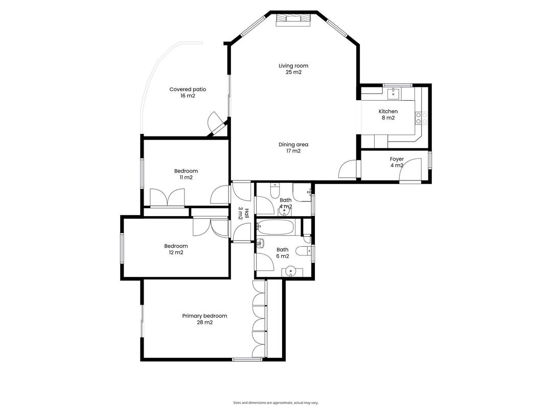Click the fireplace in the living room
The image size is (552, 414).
(293, 19)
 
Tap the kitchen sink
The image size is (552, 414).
(394, 93)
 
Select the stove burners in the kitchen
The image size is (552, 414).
(422, 119)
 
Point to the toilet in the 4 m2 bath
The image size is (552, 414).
(275, 191)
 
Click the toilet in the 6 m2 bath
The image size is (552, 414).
(302, 250)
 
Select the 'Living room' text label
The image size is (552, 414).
(293, 65)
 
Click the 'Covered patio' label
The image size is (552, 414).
(188, 89)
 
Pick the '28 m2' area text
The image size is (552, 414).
(204, 323)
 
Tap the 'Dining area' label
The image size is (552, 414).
(293, 145)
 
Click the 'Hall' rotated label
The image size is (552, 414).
(246, 214)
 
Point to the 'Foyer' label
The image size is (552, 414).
(397, 159)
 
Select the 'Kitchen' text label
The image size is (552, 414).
(388, 111)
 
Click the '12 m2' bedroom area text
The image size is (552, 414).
(175, 252)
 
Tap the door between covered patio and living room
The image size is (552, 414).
(216, 124)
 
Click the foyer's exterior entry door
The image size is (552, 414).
(411, 171)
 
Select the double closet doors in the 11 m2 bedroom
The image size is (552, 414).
(168, 197)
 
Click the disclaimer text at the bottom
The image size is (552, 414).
(275, 402)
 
